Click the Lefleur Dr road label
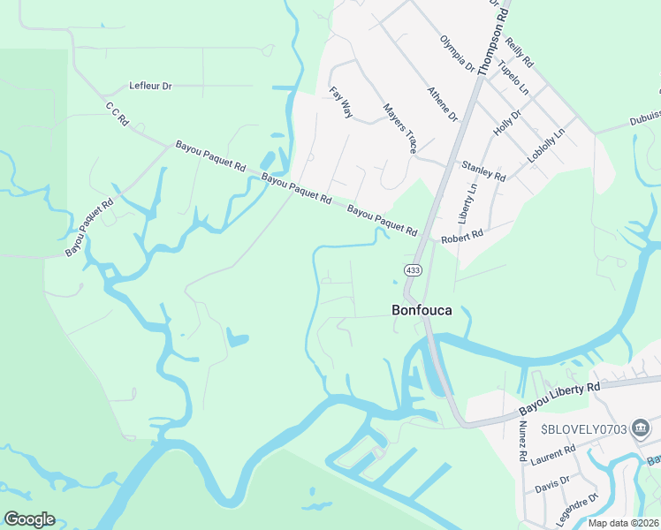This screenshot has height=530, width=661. pos(150,86)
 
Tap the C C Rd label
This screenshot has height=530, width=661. pos(117,114)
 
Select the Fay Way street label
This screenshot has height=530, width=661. pos(341,102)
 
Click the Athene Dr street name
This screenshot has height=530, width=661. pos(443,103)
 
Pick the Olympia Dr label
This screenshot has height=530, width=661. pos(458,54)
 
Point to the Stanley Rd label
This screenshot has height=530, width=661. pos(483,170)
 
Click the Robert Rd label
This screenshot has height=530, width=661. pos(463,237)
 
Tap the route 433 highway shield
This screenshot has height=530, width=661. pos(413,269)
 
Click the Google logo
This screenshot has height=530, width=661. pos(29,519)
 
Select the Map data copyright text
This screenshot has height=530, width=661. pos(624,523)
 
